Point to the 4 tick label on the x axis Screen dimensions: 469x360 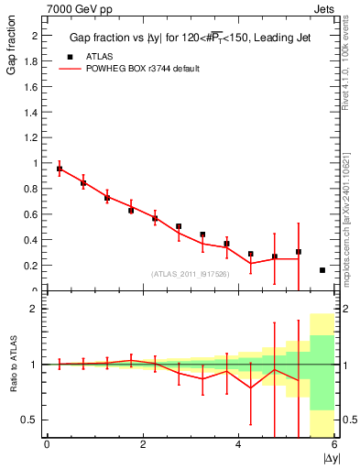(239, 445)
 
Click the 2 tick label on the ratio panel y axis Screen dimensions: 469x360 (34, 309)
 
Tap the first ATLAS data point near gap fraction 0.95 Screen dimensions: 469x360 (60, 169)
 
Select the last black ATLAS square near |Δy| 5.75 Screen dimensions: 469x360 (322, 270)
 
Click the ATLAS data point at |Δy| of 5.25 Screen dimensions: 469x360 (299, 252)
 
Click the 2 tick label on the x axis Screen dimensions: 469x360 (143, 445)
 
